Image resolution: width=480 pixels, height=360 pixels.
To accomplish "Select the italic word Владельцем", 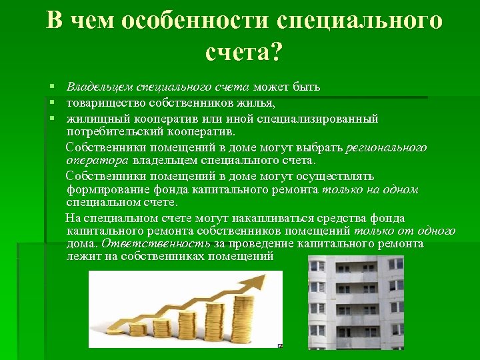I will tap(100, 87).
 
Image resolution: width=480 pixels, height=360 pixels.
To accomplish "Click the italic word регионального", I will tap(387, 147).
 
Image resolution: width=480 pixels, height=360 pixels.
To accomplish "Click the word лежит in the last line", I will tap(81, 256).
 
